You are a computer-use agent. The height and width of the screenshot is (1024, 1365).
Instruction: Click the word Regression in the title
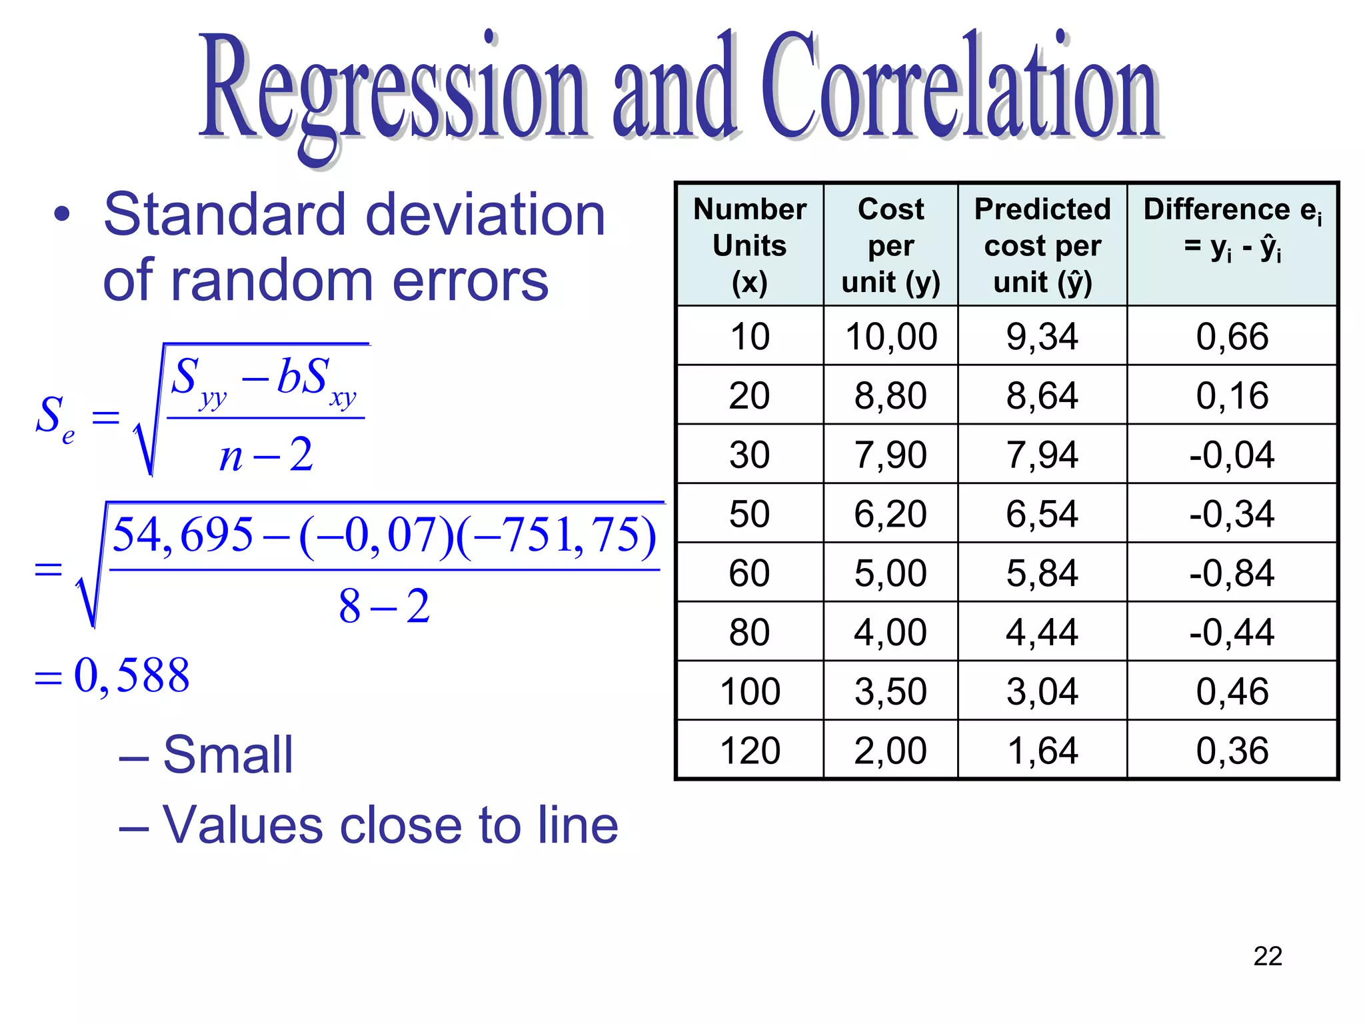pos(393,90)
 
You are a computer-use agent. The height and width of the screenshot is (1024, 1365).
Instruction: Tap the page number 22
pos(1267,956)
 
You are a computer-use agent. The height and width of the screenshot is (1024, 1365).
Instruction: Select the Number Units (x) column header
pos(749,245)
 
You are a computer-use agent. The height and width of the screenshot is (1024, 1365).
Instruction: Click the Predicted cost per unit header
pos(1042,245)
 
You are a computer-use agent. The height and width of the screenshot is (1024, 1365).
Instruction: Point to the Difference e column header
pos(1232,228)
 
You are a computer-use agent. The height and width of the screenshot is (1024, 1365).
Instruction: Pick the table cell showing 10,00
pos(890,336)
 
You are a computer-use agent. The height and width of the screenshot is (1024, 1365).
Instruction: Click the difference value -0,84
pos(1232,573)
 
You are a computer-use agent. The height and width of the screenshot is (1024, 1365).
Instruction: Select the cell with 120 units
pos(749,750)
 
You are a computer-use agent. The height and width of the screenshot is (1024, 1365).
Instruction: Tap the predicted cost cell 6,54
pos(1042,513)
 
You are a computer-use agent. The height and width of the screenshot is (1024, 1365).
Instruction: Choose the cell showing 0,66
pos(1232,336)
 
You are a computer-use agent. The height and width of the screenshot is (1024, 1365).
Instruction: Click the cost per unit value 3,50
pos(890,691)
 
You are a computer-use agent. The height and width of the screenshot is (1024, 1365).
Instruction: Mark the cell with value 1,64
pos(1042,750)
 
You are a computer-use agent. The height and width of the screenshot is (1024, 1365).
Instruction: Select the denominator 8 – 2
pos(384,607)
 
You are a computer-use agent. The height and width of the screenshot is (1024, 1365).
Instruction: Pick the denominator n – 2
pos(266,455)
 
